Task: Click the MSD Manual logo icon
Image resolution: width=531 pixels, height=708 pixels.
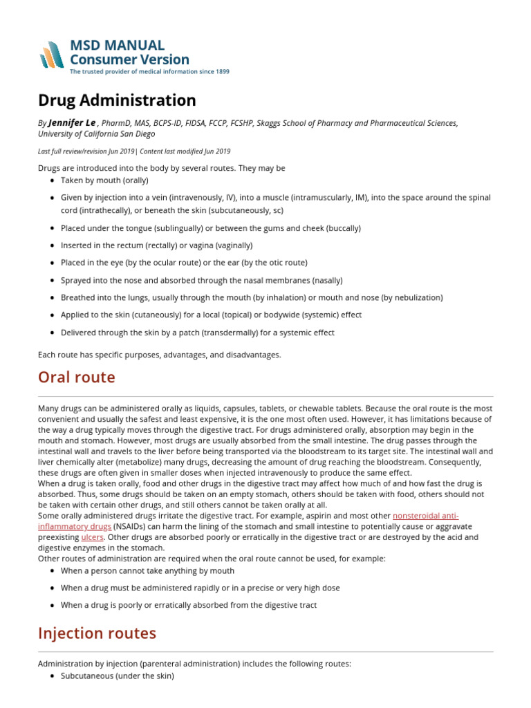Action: pos(52,55)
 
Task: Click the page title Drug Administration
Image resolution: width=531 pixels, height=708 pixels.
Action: pos(117,100)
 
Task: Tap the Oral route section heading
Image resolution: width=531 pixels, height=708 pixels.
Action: pos(77,378)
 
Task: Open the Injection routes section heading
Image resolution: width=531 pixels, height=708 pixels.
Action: pos(97,633)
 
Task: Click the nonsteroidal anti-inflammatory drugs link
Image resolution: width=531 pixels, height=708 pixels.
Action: pos(425,516)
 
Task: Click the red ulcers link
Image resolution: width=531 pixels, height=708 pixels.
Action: pos(92,537)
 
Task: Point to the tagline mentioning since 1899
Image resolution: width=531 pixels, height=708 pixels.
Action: pos(149,72)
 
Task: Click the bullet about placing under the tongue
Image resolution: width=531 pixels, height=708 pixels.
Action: pos(210,228)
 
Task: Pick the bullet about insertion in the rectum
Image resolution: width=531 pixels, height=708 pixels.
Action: pos(156,245)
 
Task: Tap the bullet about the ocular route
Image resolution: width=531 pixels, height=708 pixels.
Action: pos(184,263)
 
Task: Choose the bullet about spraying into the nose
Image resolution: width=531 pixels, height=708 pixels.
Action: pos(192,280)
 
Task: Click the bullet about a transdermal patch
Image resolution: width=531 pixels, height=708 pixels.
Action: pos(197,333)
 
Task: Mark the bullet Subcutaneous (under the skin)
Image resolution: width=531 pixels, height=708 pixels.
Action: pos(117,676)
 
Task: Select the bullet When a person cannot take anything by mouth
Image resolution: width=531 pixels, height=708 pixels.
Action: pos(147,570)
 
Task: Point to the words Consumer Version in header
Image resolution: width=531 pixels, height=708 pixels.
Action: pos(129,59)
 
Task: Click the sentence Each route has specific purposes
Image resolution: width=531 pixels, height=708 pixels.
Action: pos(160,355)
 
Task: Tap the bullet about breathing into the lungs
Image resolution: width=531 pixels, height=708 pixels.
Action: pos(252,297)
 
